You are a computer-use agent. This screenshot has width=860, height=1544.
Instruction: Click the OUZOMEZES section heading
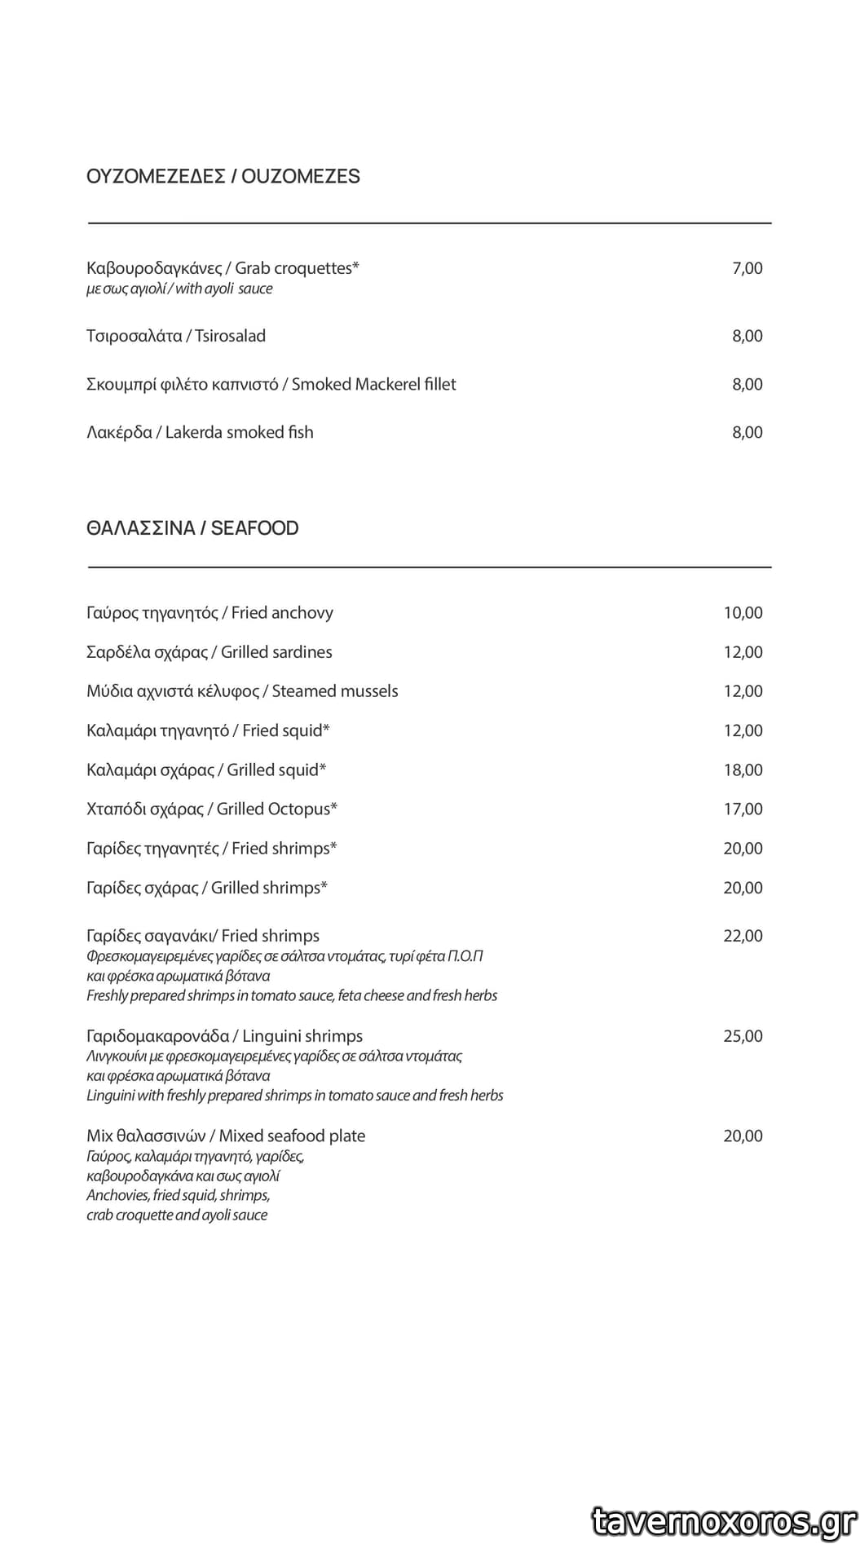[x=223, y=176]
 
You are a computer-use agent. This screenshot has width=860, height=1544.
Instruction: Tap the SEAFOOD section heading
[x=192, y=528]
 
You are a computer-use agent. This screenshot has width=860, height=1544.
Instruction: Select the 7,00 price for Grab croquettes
[x=747, y=268]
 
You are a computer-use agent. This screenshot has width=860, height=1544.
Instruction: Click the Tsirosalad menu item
[x=176, y=336]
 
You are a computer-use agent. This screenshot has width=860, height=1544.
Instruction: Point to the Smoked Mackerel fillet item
[x=271, y=384]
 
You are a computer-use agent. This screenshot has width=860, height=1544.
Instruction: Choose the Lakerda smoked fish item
[x=200, y=432]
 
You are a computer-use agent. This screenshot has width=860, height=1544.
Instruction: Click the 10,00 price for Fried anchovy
[x=743, y=613]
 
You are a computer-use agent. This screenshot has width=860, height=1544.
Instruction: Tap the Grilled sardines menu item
[x=209, y=652]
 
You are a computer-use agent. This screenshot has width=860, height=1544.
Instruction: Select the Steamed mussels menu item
[x=242, y=691]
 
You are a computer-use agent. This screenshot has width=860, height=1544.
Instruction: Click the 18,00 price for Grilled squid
[x=743, y=770]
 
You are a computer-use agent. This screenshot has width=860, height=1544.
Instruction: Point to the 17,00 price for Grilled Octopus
[x=743, y=809]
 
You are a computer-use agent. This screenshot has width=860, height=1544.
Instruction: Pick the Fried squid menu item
[x=208, y=730]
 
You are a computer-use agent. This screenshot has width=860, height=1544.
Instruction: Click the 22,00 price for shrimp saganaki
[x=743, y=936]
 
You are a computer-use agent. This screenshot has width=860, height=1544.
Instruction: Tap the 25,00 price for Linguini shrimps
[x=743, y=1036]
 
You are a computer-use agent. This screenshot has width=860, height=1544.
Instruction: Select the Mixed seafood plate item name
[x=226, y=1136]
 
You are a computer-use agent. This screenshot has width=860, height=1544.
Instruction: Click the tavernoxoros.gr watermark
[x=724, y=1520]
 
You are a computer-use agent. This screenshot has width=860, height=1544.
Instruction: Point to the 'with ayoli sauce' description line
[x=179, y=289]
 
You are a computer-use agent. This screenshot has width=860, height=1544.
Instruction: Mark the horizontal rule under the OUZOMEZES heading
[x=429, y=223]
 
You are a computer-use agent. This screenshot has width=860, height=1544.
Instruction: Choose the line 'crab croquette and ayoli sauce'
[x=177, y=1215]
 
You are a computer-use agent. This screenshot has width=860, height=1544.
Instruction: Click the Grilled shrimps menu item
[x=207, y=888]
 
